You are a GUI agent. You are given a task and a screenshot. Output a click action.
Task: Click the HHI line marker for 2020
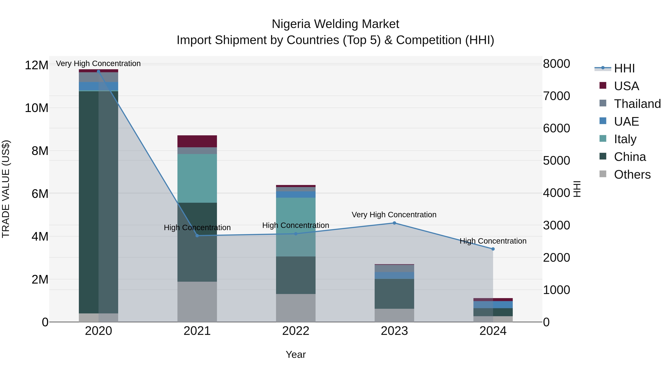pos(98,71)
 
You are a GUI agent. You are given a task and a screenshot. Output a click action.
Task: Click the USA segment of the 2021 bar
pos(197,141)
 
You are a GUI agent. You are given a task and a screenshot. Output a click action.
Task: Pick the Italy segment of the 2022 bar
pos(296,227)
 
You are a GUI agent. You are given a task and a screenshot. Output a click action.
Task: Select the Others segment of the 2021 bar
pos(197,302)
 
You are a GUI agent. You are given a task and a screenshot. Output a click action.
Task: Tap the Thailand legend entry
pos(637,104)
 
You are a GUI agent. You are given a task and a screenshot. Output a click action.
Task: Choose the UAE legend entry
pos(626,122)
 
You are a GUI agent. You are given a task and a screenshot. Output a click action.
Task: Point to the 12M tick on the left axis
pos(37,65)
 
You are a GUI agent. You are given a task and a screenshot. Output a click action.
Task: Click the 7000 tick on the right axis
pos(556,96)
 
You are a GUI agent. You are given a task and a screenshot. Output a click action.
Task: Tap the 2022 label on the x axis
pos(296,331)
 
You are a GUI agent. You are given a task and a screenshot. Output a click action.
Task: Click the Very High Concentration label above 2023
pos(394,215)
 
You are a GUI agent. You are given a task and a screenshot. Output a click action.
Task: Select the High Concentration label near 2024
pos(493,241)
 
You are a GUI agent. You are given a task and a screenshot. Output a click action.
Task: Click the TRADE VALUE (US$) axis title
pos(6,189)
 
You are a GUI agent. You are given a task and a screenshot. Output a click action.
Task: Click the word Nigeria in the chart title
pos(291,24)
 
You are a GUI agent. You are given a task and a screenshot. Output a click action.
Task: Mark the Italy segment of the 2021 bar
pos(197,178)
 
